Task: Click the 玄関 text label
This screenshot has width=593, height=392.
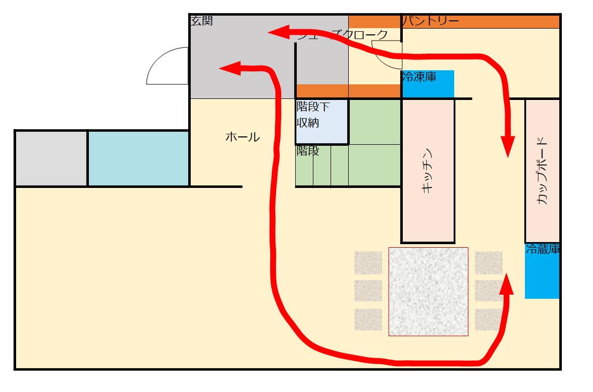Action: (201, 21)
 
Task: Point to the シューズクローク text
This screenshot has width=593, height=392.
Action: (343, 35)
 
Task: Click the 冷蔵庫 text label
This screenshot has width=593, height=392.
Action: (542, 249)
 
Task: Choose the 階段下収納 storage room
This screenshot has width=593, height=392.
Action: (322, 121)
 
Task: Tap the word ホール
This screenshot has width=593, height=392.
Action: (242, 137)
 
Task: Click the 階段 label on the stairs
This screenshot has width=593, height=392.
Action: (308, 151)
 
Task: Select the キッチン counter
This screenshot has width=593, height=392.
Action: (428, 171)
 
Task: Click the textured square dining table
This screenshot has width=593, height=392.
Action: (428, 292)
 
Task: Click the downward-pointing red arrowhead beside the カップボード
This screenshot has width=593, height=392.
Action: (508, 147)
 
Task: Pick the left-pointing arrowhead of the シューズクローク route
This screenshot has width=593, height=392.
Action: (279, 33)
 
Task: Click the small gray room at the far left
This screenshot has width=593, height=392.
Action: (51, 158)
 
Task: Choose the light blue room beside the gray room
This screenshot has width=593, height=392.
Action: (138, 158)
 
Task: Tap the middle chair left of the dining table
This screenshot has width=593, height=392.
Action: (368, 290)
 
